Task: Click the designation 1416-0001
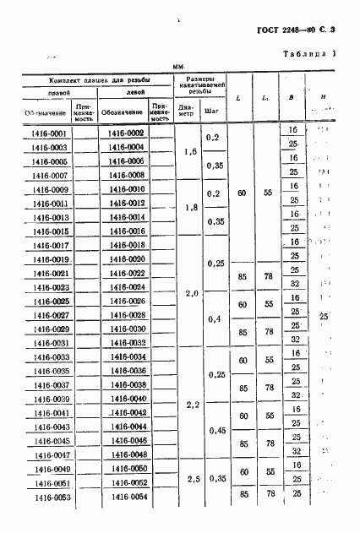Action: tap(48, 133)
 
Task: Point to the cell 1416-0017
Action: tap(48, 245)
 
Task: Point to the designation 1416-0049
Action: tap(48, 469)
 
